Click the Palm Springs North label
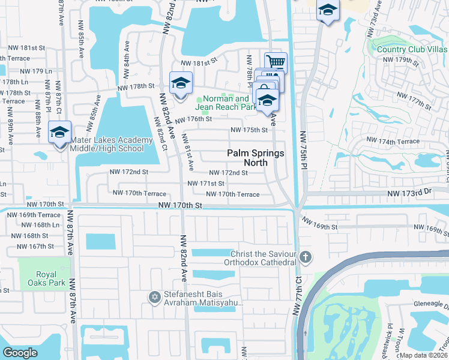click(x=255, y=158)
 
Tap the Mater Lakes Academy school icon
click(x=60, y=132)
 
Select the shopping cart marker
click(x=276, y=62)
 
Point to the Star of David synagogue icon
click(x=154, y=296)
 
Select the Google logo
click(x=20, y=353)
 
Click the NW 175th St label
click(x=249, y=130)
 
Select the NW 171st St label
click(x=206, y=183)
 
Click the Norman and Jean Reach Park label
click(x=226, y=103)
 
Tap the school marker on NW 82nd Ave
click(x=180, y=83)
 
